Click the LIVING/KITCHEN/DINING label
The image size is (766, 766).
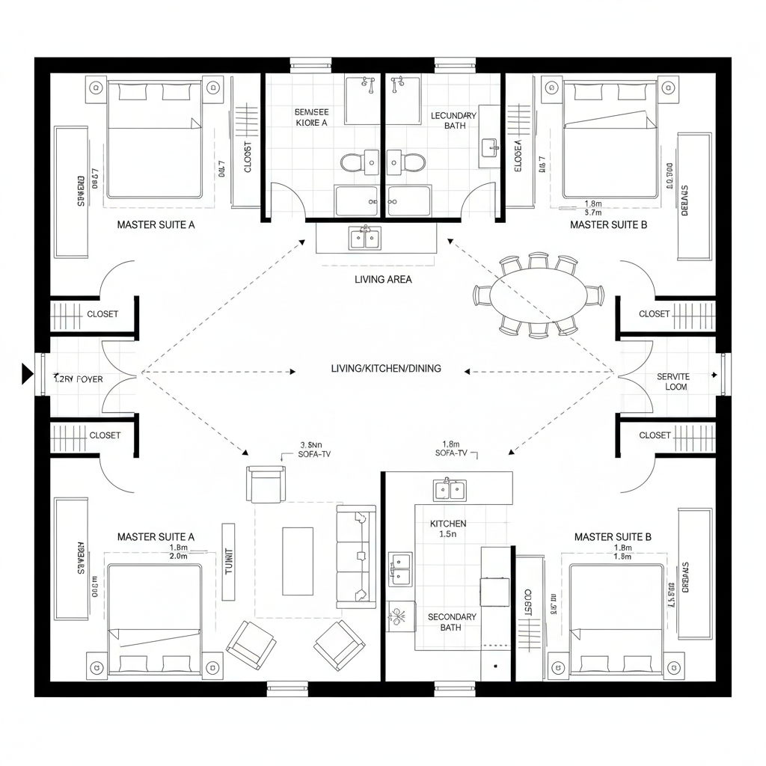(x=385, y=369)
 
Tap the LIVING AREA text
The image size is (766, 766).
(x=383, y=279)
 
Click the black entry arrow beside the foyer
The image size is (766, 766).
(x=28, y=373)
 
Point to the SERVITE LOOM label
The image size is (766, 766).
(x=672, y=382)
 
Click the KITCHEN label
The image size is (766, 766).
(x=448, y=524)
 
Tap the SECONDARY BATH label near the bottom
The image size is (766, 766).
(x=451, y=622)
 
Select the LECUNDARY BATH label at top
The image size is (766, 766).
(x=453, y=120)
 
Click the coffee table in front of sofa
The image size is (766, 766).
(x=297, y=551)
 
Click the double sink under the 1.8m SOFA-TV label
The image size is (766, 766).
(x=450, y=490)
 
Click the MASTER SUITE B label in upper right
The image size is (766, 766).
(x=607, y=224)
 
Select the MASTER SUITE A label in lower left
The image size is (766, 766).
(x=156, y=536)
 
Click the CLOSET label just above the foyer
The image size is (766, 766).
(x=102, y=314)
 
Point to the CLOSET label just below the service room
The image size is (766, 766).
(x=655, y=435)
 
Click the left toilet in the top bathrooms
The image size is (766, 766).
(x=350, y=162)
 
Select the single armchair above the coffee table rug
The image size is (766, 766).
(x=266, y=484)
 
